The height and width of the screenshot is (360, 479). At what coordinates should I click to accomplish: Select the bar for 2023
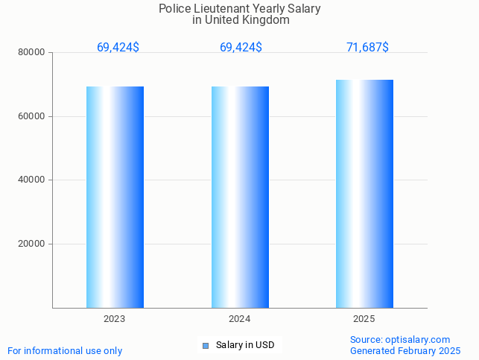pyautogui.click(x=115, y=197)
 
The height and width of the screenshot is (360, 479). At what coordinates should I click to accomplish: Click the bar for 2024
pyautogui.click(x=240, y=197)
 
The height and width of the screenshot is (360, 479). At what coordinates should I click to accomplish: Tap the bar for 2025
pyautogui.click(x=364, y=194)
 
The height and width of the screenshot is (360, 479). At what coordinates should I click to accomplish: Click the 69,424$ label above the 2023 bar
pyautogui.click(x=118, y=48)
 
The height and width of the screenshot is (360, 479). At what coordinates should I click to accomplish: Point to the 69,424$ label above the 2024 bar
pyautogui.click(x=241, y=48)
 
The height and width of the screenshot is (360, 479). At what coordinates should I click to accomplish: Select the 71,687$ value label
pyautogui.click(x=367, y=48)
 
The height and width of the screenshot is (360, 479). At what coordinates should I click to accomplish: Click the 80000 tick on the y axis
pyautogui.click(x=33, y=53)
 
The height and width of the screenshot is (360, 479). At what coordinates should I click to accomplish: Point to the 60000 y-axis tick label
pyautogui.click(x=33, y=116)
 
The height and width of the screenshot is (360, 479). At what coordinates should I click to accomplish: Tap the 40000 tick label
pyautogui.click(x=33, y=180)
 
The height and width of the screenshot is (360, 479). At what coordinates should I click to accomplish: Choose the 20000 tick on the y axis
pyautogui.click(x=33, y=244)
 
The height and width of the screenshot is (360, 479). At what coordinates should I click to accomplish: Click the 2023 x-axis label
pyautogui.click(x=114, y=319)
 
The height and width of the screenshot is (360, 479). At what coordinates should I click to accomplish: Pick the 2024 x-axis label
pyautogui.click(x=239, y=319)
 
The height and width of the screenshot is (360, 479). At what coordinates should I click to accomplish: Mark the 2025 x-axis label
pyautogui.click(x=364, y=319)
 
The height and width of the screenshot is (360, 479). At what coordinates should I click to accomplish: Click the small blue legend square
pyautogui.click(x=206, y=345)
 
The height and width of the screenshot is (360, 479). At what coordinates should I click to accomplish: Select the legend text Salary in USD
pyautogui.click(x=245, y=345)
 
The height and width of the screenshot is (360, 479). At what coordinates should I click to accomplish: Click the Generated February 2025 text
pyautogui.click(x=405, y=351)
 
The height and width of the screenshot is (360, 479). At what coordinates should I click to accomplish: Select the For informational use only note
pyautogui.click(x=65, y=351)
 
